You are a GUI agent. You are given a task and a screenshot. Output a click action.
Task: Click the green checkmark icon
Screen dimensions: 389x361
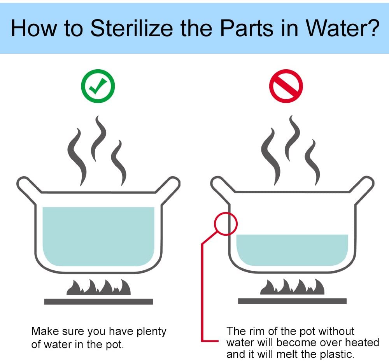point(98,86)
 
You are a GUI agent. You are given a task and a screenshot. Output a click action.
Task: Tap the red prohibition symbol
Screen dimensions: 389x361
point(286,86)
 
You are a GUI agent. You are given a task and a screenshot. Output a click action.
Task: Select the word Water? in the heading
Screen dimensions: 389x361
point(343,28)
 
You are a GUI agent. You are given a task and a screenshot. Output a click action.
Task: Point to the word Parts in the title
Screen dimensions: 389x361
point(247,28)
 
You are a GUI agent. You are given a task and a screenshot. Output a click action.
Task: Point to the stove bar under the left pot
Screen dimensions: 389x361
point(98,301)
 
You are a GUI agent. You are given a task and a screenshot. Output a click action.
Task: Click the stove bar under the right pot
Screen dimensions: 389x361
point(292,301)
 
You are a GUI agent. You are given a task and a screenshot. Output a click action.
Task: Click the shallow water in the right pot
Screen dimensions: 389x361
point(292,250)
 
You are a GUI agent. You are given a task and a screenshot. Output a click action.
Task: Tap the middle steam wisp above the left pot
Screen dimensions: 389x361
point(99,138)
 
